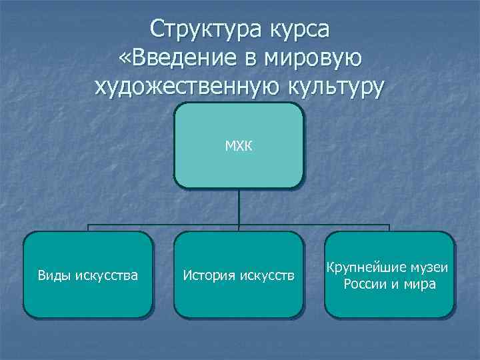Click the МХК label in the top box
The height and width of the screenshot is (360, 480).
tap(238, 145)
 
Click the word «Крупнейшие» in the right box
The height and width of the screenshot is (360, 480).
tap(363, 267)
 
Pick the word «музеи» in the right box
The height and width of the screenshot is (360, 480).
tap(429, 267)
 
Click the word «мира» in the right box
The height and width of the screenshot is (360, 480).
tap(420, 285)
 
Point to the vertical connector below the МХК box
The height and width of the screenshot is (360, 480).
tap(239, 207)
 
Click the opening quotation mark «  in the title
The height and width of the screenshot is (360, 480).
tap(125, 59)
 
